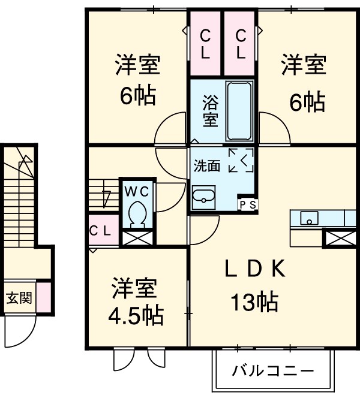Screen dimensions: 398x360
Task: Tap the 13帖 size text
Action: pos(254,303)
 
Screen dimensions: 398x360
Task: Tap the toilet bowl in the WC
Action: pos(137,214)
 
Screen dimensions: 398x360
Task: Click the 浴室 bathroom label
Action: pos(209,110)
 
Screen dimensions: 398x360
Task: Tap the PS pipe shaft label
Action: pos(248,205)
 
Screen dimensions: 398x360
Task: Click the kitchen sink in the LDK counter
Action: pos(308,217)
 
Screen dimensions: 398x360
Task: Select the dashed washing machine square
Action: pos(241,160)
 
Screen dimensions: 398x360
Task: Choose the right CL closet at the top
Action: pos(241,43)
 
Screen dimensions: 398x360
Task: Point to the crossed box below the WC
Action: pos(138,237)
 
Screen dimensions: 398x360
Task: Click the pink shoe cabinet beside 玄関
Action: pos(43,298)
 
